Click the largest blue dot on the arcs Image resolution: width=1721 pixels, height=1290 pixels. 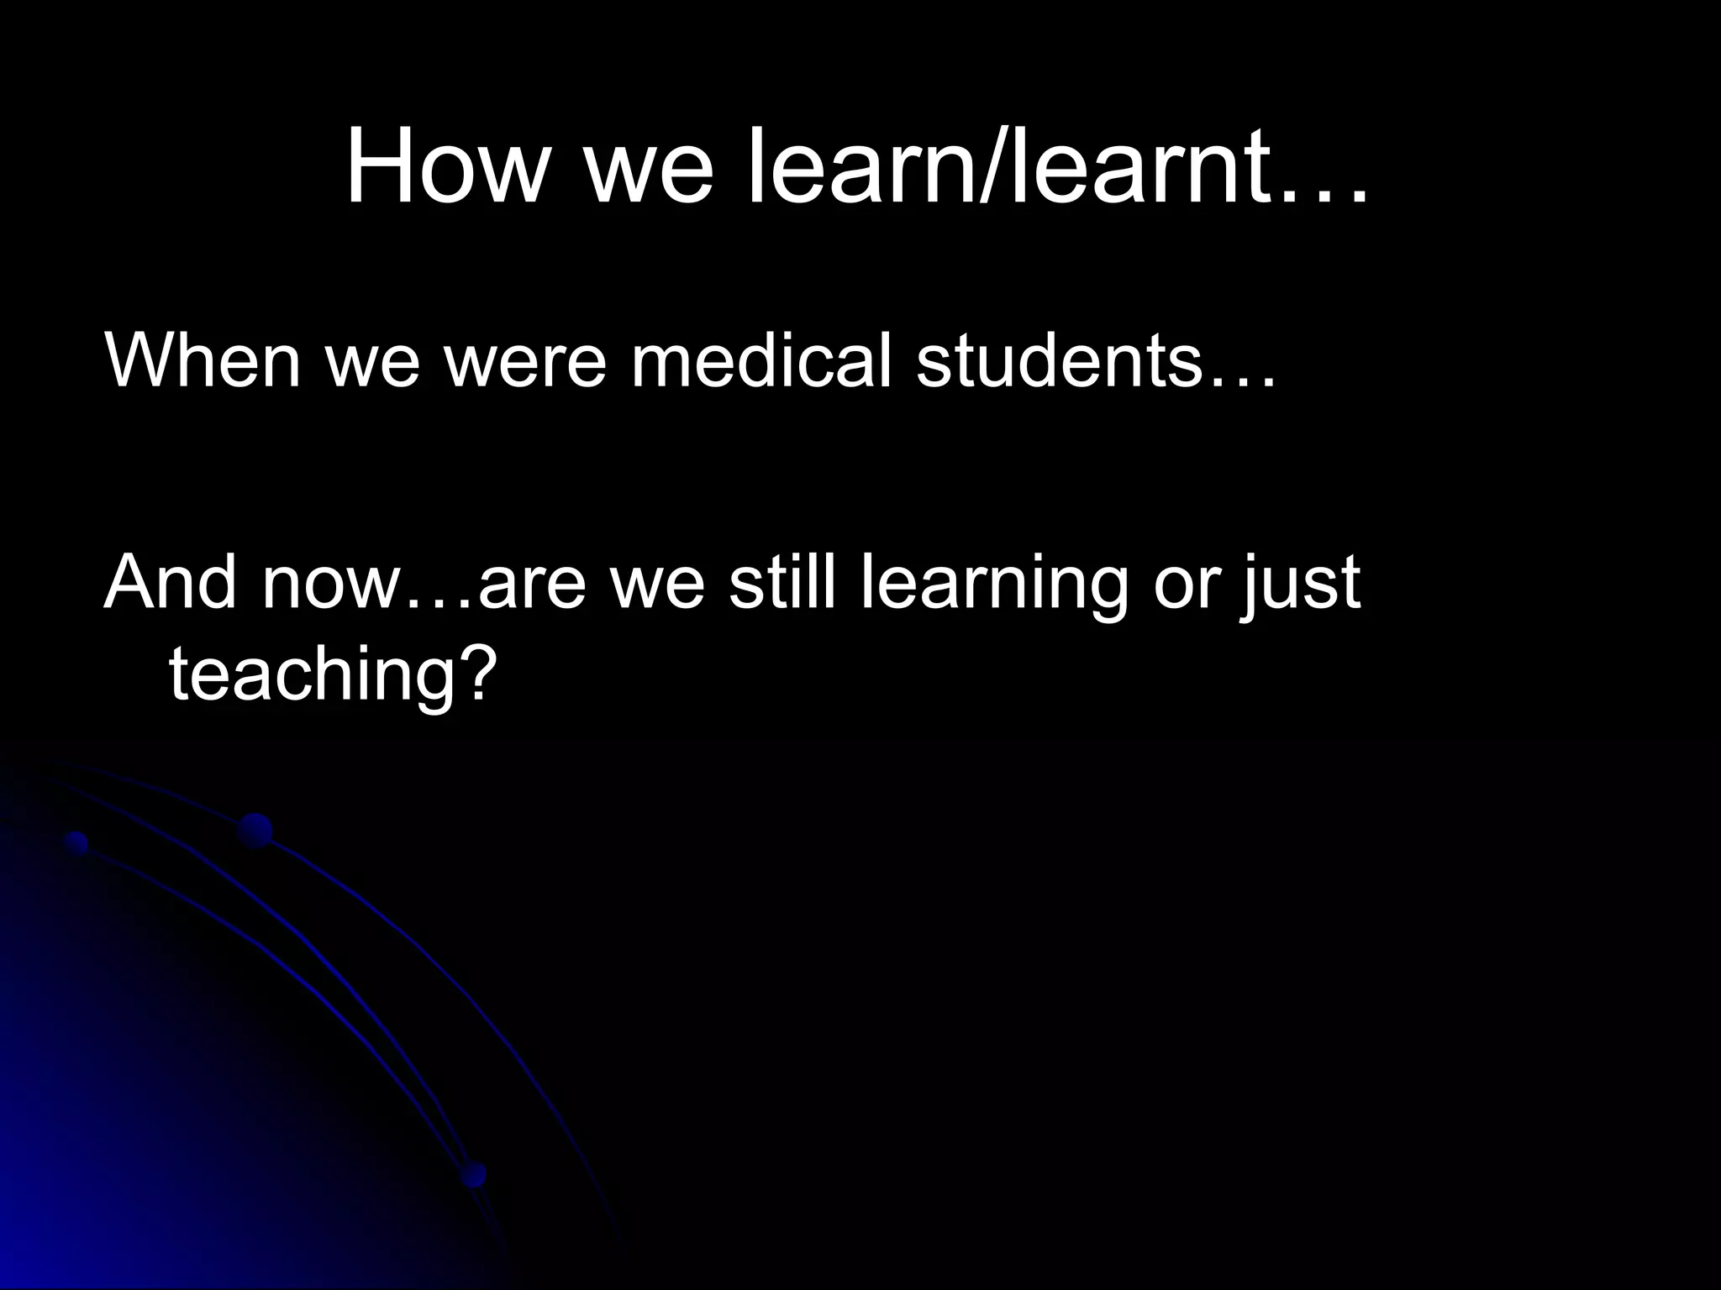[255, 830]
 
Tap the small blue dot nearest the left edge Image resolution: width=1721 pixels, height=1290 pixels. [76, 842]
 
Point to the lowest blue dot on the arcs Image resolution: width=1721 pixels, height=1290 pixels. [474, 1173]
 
